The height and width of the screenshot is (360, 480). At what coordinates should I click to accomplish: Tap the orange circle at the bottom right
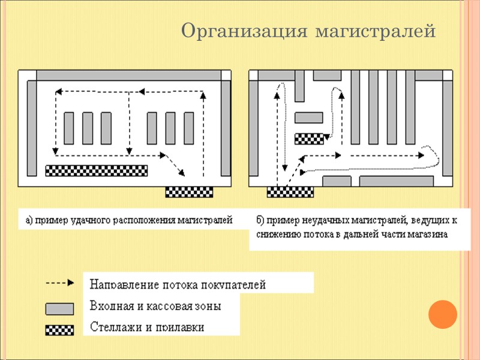pos(443,313)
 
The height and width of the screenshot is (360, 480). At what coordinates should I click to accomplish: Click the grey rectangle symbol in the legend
pos(60,308)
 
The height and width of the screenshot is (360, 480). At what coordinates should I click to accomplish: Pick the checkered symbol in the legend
pos(60,329)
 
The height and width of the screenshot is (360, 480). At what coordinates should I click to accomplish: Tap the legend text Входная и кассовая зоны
pos(155,306)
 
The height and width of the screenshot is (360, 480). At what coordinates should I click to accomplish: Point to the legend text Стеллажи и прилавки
pos(146,328)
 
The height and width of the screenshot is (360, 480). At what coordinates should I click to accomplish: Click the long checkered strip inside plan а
pos(97,170)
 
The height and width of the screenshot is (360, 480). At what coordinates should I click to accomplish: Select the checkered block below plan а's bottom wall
pos(189,192)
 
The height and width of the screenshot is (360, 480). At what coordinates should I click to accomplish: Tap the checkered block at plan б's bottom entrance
pos(290,192)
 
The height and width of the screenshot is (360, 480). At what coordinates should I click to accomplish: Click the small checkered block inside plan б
pos(309,139)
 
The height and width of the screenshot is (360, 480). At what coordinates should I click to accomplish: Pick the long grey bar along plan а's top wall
pos(129,76)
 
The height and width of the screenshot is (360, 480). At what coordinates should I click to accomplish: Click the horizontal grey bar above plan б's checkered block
pos(309,117)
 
